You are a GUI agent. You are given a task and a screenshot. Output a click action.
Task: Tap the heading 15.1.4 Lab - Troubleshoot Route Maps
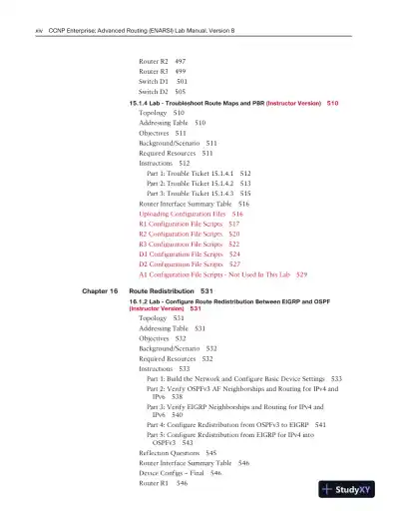(x=199, y=103)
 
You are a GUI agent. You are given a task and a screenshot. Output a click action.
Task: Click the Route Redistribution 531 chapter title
(x=172, y=289)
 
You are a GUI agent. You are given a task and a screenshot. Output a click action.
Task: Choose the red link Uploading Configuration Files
(x=191, y=214)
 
